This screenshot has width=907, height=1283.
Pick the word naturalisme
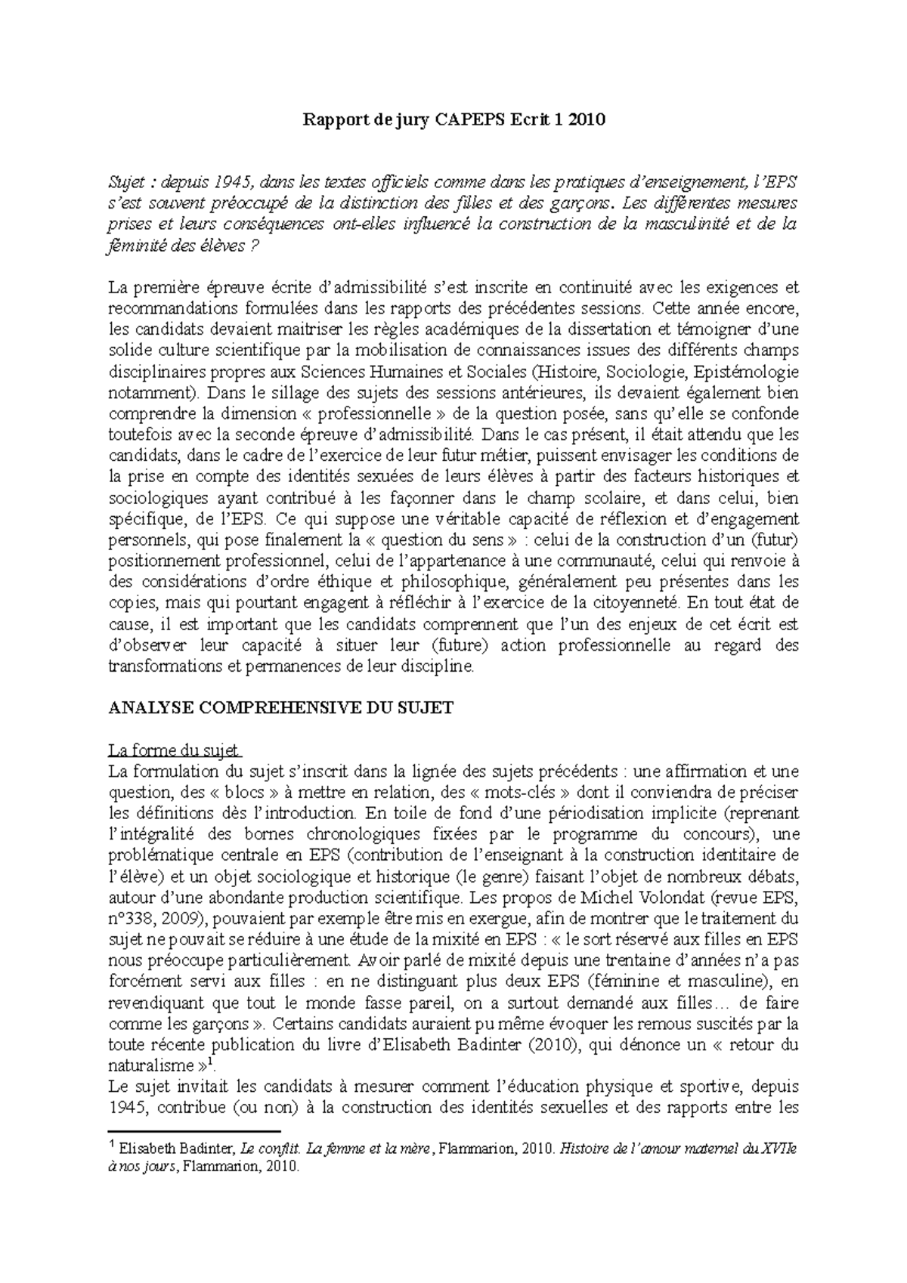pos(150,1067)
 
